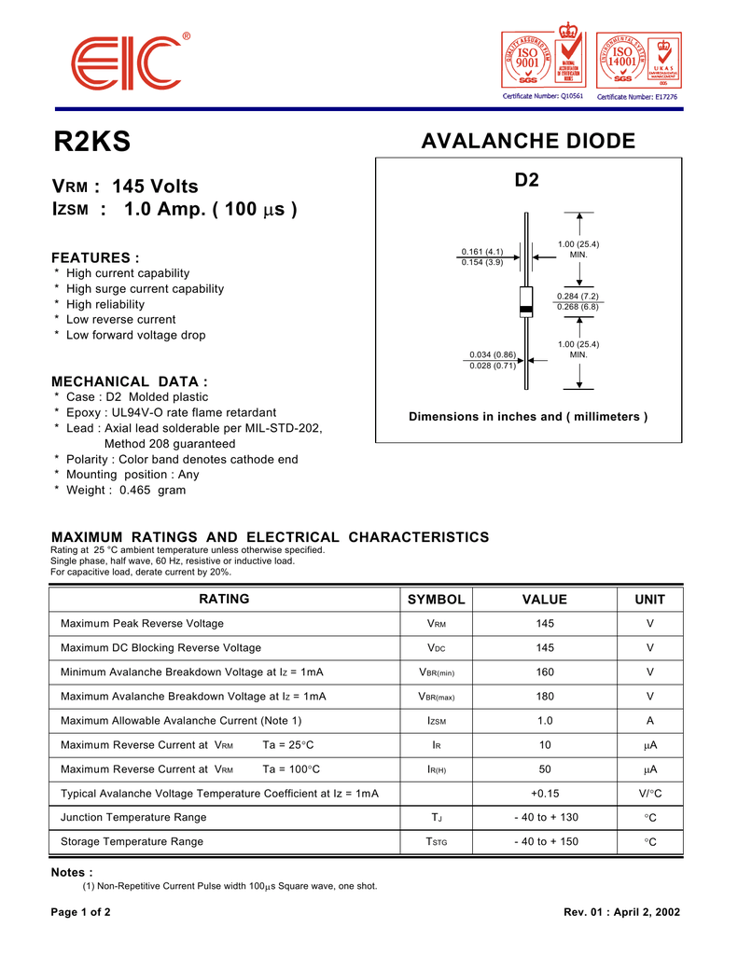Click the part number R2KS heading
[x=92, y=142]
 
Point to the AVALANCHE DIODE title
[x=528, y=142]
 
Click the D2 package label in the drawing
[x=527, y=180]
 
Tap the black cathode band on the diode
[x=526, y=309]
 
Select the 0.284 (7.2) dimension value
[x=578, y=297]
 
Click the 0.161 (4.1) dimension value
[x=482, y=252]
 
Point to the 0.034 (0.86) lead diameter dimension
[x=493, y=354]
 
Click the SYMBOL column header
[x=436, y=600]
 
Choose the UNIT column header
[x=650, y=600]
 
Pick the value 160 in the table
[x=545, y=671]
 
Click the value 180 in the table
[x=545, y=696]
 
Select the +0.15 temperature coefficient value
[x=545, y=793]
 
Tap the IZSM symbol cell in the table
[x=436, y=721]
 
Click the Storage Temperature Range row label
[x=132, y=841]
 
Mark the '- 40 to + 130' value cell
[x=546, y=817]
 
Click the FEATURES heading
[x=95, y=257]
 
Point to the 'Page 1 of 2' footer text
[x=81, y=912]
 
